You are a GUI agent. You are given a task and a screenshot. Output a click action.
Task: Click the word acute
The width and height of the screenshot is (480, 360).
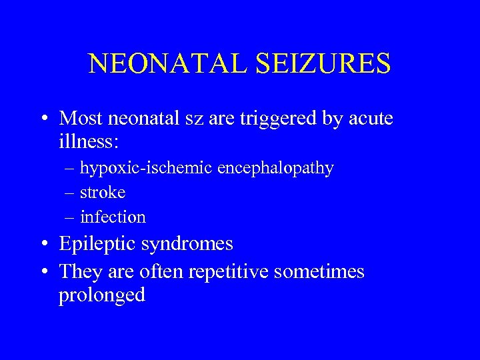click(x=369, y=119)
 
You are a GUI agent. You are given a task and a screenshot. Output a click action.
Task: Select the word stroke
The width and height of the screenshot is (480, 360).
click(x=103, y=193)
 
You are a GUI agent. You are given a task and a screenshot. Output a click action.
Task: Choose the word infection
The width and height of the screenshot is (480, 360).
click(x=113, y=217)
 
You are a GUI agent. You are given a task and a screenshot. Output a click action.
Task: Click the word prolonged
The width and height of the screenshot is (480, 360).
click(x=101, y=295)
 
